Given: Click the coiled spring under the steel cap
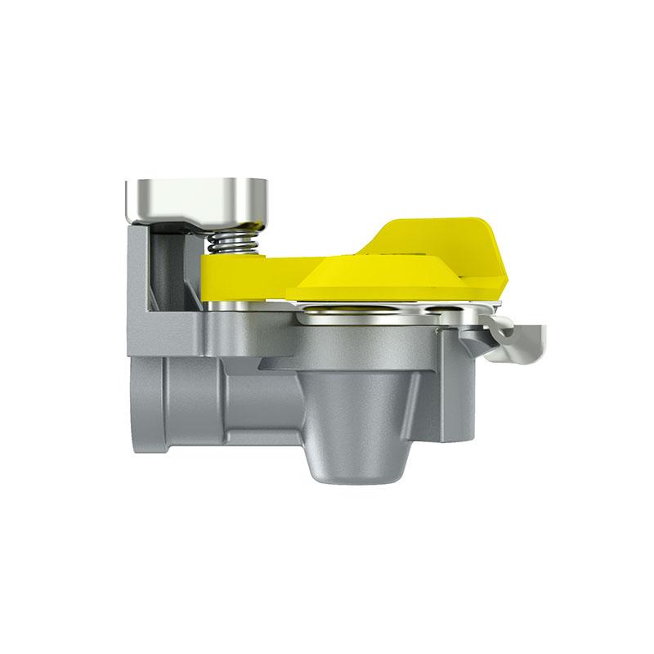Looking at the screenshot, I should tap(231, 242).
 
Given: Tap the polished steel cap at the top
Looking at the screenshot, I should tap(196, 196).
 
